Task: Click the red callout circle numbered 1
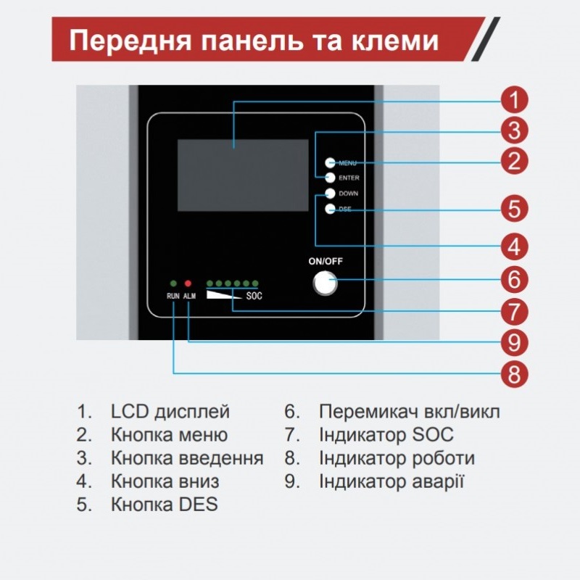(x=514, y=100)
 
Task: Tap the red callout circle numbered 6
(x=514, y=279)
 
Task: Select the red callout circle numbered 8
(x=514, y=373)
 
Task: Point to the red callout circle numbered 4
(x=514, y=246)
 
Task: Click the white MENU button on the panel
(x=330, y=162)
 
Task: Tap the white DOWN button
(x=330, y=194)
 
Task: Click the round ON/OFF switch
(x=325, y=283)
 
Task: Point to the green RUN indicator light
(x=173, y=283)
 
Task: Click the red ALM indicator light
(x=188, y=283)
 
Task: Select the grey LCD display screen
(x=243, y=175)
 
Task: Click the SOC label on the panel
(x=254, y=296)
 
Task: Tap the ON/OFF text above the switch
(x=326, y=261)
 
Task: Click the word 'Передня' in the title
(x=130, y=41)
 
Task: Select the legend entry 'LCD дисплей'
(x=170, y=412)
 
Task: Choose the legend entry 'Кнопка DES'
(x=165, y=505)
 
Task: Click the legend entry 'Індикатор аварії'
(x=391, y=481)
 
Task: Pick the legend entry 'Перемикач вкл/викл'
(x=410, y=412)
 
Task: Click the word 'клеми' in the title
(x=394, y=41)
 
